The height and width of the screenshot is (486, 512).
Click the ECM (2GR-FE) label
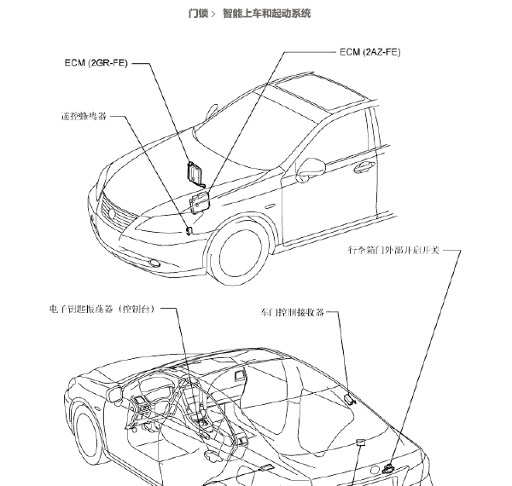tap(96, 62)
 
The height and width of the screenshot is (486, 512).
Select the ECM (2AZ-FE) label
tap(370, 52)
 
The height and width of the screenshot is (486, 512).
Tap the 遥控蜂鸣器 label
tap(84, 116)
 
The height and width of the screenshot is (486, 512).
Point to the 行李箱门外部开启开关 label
tap(393, 250)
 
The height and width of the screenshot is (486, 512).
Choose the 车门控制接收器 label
tap(292, 312)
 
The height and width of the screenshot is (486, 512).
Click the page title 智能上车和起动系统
tap(266, 14)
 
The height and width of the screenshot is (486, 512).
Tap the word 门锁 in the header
tap(198, 14)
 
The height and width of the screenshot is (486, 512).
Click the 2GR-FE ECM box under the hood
tap(195, 173)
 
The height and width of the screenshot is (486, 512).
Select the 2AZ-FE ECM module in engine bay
tap(199, 202)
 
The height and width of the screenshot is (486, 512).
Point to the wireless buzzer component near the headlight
tap(189, 230)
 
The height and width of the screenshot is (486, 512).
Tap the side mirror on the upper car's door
tap(311, 169)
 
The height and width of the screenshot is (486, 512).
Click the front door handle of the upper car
tap(364, 166)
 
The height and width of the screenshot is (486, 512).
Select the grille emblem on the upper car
tap(112, 214)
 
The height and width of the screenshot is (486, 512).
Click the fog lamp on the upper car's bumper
tap(154, 263)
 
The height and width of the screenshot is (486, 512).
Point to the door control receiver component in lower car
tap(349, 399)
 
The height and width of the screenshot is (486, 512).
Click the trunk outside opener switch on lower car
tap(388, 469)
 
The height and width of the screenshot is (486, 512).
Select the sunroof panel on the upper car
tap(319, 91)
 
